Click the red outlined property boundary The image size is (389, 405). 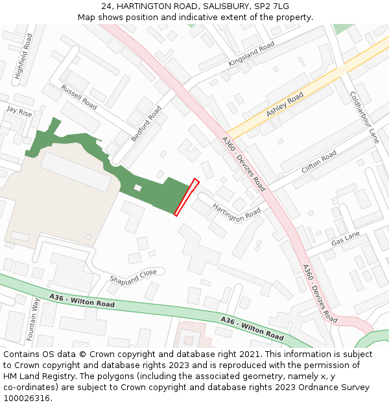pyautogui.click(x=186, y=197)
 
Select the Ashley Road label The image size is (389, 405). pyautogui.click(x=285, y=104)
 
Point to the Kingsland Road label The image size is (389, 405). pyautogui.click(x=251, y=54)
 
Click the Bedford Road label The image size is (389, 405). pyautogui.click(x=146, y=124)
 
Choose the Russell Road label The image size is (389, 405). pyautogui.click(x=79, y=97)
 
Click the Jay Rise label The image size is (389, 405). pyautogui.click(x=19, y=111)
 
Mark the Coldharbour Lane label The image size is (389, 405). pyautogui.click(x=364, y=117)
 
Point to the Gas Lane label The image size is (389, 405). pyautogui.click(x=345, y=239)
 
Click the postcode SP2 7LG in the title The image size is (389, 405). pyautogui.click(x=274, y=6)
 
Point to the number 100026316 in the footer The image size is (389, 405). pyautogui.click(x=31, y=398)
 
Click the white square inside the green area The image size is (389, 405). pyautogui.click(x=137, y=188)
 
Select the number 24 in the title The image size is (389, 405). pyautogui.click(x=106, y=6)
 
